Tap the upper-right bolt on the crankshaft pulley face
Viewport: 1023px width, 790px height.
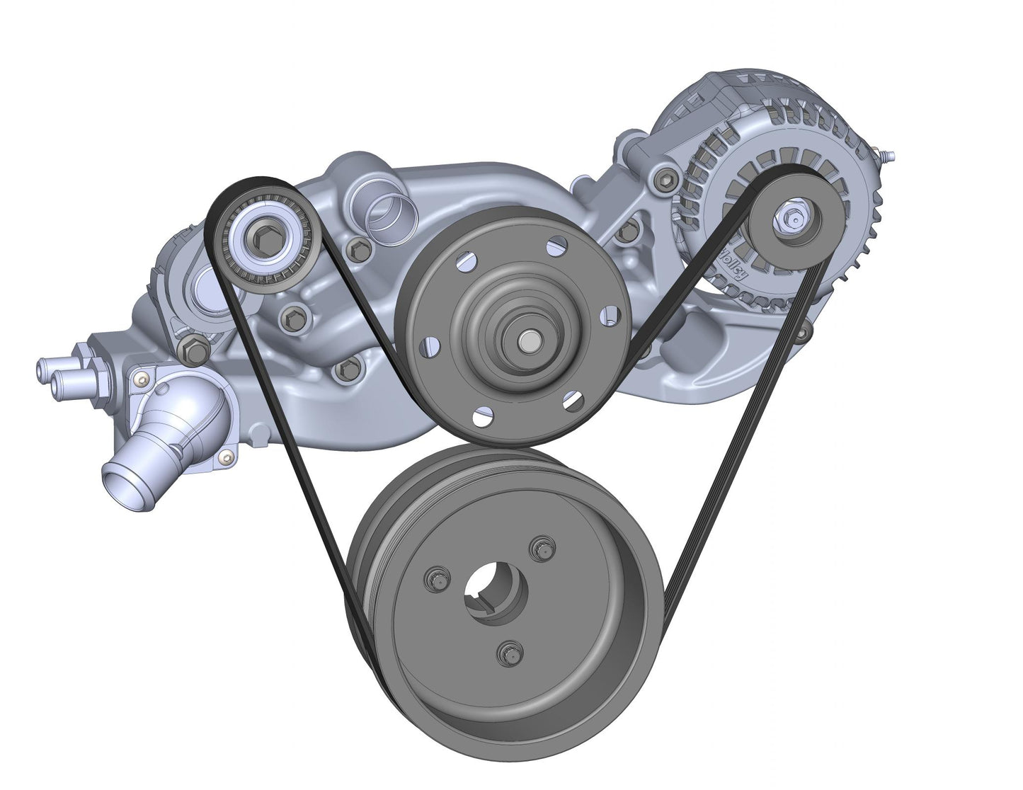[543, 548]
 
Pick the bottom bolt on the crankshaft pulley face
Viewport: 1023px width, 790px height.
[506, 652]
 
